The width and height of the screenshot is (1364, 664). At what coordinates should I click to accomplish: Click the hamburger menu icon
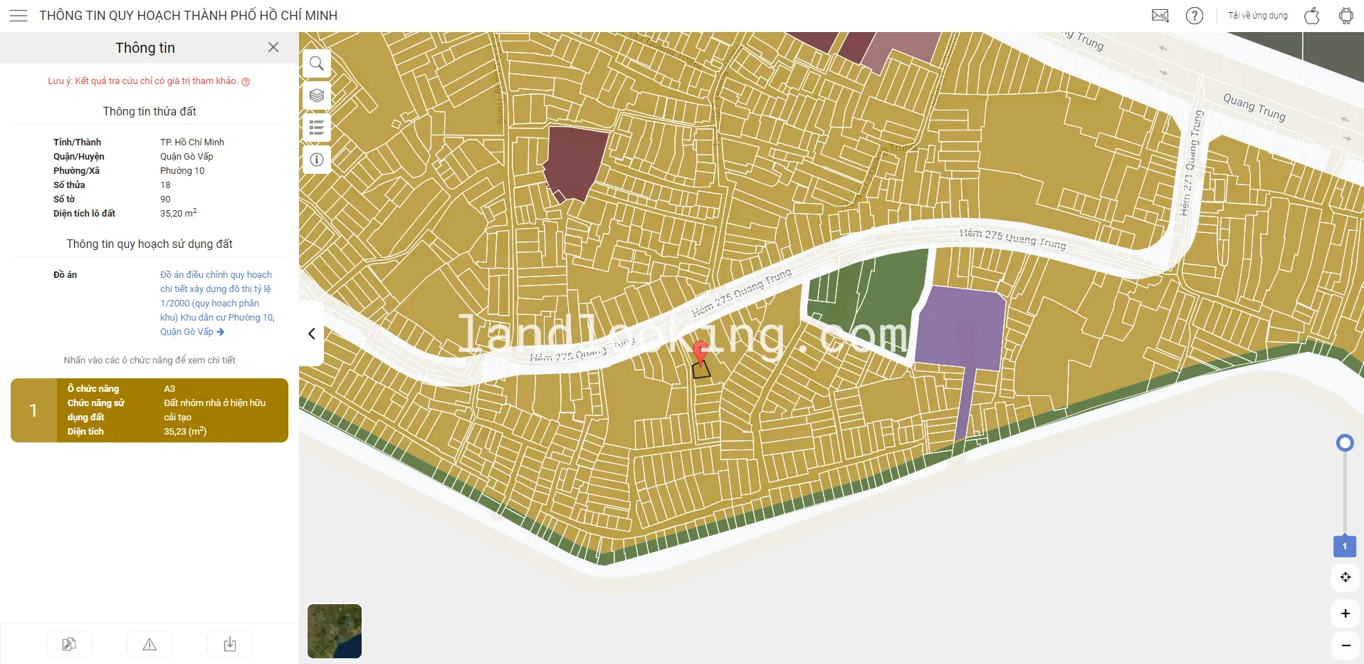[x=19, y=16]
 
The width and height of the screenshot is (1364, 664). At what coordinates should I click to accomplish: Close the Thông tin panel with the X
[x=273, y=47]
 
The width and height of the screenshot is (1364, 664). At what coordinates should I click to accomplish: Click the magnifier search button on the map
[x=317, y=63]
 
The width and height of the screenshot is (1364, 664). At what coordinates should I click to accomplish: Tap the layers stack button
[x=317, y=95]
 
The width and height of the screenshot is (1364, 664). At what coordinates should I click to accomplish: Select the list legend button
[x=317, y=128]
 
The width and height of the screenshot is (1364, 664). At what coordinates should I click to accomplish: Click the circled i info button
[x=317, y=160]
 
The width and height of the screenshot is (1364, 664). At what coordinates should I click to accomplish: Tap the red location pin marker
[x=701, y=351]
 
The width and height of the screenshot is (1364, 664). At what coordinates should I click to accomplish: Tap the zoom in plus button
[x=1345, y=613]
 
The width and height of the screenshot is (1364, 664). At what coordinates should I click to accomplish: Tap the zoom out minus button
[x=1345, y=645]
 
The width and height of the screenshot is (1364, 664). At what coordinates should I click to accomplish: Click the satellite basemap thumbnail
[x=335, y=631]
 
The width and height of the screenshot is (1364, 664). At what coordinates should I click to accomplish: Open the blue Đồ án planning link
[x=216, y=303]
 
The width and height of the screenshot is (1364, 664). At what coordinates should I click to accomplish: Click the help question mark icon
[x=1194, y=16]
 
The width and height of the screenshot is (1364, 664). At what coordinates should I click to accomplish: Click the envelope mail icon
[x=1160, y=16]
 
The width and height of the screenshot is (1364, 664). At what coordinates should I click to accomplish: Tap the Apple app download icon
[x=1311, y=16]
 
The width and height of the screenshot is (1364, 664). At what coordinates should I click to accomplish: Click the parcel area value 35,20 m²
[x=178, y=213]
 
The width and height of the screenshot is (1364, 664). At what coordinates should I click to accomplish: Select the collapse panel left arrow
[x=312, y=333]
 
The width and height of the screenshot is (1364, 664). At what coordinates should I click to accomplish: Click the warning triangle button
[x=149, y=644]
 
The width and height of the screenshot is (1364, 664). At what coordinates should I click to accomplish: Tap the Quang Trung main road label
[x=1254, y=107]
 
